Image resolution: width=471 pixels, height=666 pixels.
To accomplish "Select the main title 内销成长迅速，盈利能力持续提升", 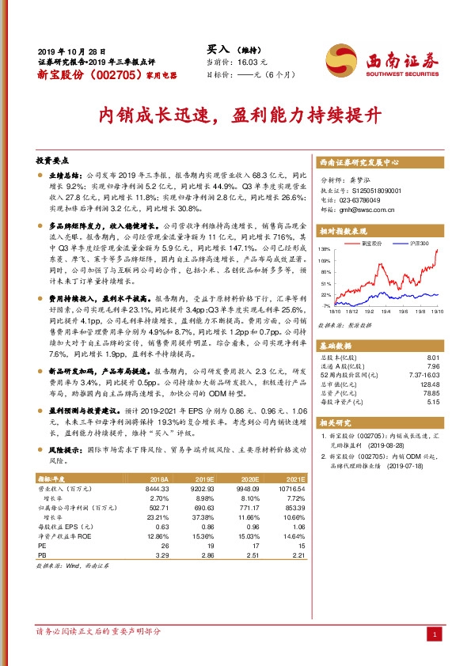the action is coord(235,115).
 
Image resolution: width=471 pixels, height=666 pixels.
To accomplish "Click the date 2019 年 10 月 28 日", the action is coord(71,51).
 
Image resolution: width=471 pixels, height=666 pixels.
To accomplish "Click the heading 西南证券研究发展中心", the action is coord(353,162).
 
